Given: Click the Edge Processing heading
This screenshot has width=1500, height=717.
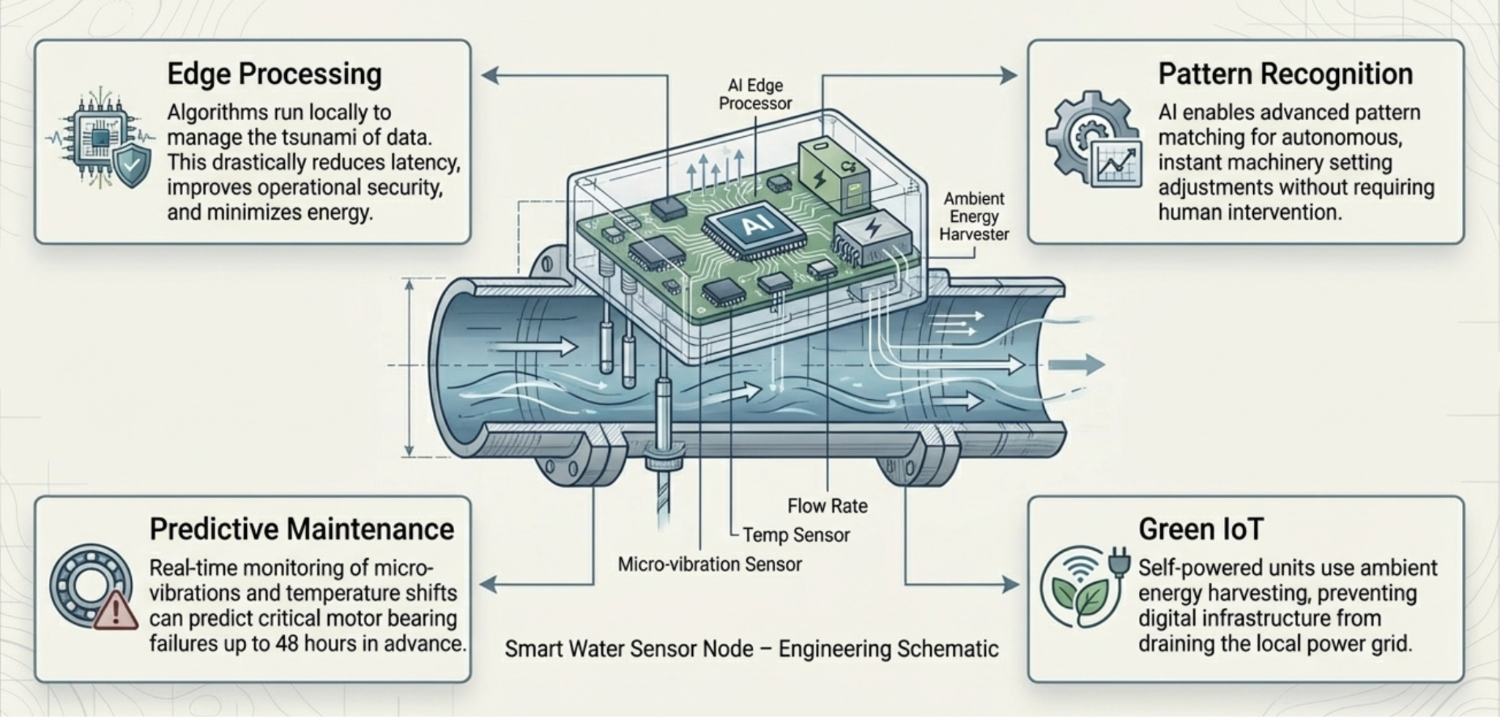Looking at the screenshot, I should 274,75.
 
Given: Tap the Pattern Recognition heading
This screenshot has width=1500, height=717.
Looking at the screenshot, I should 1285,75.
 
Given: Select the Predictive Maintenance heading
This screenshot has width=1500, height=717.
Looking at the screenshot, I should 302,530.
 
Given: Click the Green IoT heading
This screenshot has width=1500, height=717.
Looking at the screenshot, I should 1201,530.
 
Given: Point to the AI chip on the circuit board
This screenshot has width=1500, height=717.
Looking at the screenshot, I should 754,227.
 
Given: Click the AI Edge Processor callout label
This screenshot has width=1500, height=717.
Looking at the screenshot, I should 755,94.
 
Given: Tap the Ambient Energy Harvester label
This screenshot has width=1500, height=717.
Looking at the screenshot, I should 974,216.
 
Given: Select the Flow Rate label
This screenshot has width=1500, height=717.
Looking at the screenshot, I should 828,506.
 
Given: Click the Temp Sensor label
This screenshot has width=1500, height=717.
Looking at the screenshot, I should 796,535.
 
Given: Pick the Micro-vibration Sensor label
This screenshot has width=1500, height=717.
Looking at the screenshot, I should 710,565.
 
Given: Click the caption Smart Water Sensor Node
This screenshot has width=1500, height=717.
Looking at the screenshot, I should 751,650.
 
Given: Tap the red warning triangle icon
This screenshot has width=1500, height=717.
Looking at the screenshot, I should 116,612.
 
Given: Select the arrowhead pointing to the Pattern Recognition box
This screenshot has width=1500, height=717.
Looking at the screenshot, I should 1009,75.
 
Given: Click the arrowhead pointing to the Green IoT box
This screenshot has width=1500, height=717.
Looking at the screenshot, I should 1011,584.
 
